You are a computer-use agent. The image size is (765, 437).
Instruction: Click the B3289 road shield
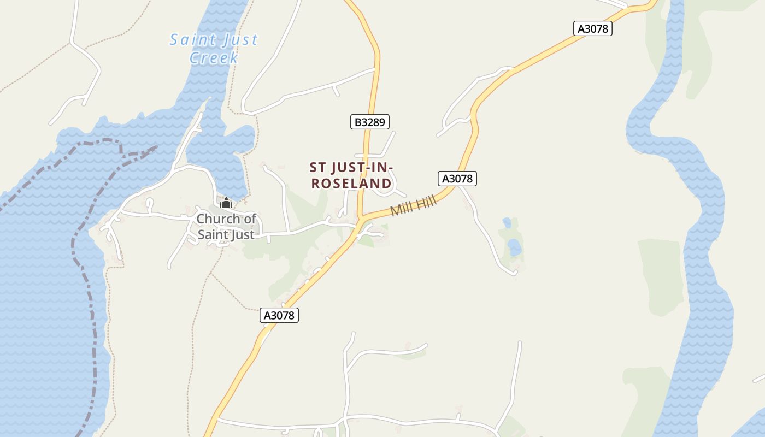click(x=370, y=122)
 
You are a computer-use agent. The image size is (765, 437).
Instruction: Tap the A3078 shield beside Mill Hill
click(x=457, y=179)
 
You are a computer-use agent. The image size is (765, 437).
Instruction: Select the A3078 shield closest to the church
click(x=279, y=315)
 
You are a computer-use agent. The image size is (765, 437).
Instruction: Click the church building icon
click(x=226, y=203)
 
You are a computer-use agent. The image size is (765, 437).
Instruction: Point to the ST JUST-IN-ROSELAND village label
click(x=351, y=175)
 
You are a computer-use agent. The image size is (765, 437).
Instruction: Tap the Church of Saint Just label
click(x=226, y=227)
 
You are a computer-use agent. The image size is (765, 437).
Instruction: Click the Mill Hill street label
click(x=414, y=207)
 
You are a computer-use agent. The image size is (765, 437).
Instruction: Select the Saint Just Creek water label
click(x=214, y=49)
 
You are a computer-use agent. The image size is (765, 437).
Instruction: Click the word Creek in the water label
click(x=214, y=58)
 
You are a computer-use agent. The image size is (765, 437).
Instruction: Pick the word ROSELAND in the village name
click(x=351, y=184)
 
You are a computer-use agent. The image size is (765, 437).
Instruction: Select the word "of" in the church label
click(x=250, y=219)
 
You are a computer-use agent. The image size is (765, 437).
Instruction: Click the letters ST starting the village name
click(x=318, y=167)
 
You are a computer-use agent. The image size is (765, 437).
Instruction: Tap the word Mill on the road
click(x=402, y=210)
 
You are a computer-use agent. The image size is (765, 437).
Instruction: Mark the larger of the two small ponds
click(x=514, y=248)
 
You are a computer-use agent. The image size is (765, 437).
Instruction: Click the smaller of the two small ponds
click(x=507, y=223)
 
